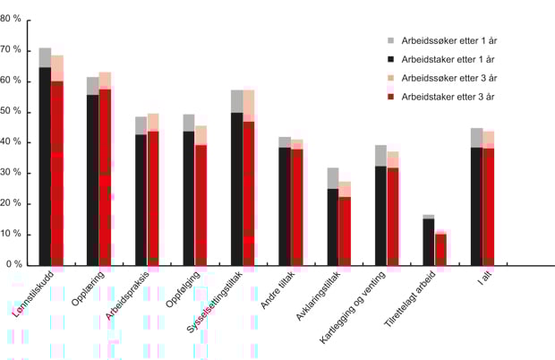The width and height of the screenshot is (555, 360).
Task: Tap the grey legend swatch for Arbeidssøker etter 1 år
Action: point(391,41)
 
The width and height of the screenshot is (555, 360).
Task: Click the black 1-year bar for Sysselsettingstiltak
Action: point(236,188)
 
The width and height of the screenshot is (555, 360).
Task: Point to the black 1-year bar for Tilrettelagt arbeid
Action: point(429,242)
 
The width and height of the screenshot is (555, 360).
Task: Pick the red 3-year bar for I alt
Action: point(488,207)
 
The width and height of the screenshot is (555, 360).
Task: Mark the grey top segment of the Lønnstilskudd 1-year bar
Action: point(45,57)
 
